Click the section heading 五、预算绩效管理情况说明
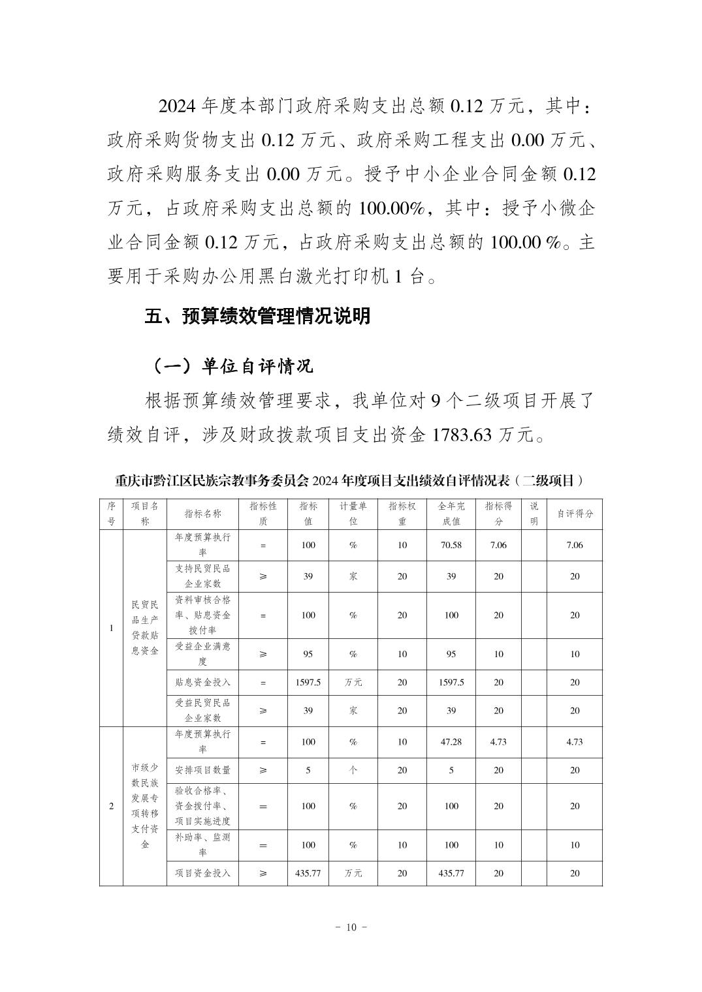click(x=258, y=317)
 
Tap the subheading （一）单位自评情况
click(x=232, y=366)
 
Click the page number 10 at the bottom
click(x=351, y=927)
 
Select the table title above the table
click(x=350, y=481)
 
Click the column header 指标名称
click(x=202, y=514)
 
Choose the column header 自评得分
click(x=575, y=514)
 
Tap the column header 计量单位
click(x=353, y=514)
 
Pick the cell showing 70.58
click(x=451, y=545)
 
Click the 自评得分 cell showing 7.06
click(x=575, y=545)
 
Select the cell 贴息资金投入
click(x=202, y=682)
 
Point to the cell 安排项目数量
click(x=202, y=770)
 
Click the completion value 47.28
click(x=451, y=742)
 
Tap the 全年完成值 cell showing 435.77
click(x=451, y=873)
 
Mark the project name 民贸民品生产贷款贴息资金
click(x=145, y=628)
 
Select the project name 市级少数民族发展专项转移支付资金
click(x=145, y=805)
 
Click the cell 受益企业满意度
click(x=202, y=653)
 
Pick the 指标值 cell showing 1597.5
click(x=308, y=682)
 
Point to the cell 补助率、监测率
click(x=202, y=845)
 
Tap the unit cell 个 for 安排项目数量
click(x=353, y=770)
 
